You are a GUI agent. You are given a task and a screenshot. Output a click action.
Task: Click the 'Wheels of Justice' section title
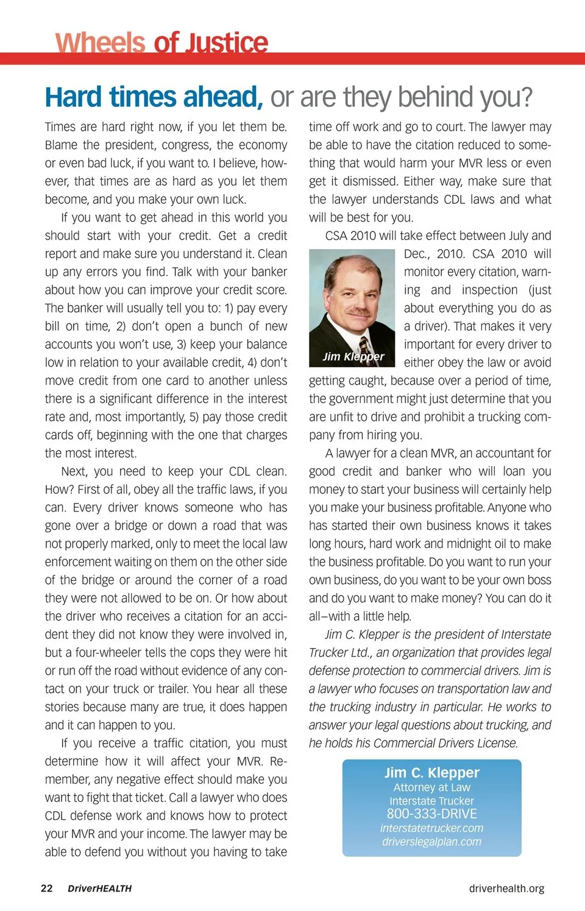(161, 43)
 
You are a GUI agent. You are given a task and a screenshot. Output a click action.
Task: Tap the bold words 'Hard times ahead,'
(154, 97)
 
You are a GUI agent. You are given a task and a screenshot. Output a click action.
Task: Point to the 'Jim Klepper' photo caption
(353, 356)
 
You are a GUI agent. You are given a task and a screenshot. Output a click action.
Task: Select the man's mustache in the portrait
(358, 312)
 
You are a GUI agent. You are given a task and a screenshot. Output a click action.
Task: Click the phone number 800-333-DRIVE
(431, 814)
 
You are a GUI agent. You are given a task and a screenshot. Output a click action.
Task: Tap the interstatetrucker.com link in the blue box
(431, 828)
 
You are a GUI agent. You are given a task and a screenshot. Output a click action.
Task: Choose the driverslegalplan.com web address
(431, 842)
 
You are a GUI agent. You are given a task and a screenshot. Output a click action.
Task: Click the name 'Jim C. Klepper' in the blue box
(431, 773)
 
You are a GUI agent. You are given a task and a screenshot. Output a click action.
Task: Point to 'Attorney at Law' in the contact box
(431, 787)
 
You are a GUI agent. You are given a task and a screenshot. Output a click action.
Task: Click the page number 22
(47, 888)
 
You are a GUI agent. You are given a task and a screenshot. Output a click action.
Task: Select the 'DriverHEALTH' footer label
(99, 888)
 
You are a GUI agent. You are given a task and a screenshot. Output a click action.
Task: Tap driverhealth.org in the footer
(506, 888)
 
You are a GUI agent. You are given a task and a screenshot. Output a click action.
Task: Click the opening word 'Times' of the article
(60, 127)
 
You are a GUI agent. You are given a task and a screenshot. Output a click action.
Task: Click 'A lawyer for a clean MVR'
(390, 453)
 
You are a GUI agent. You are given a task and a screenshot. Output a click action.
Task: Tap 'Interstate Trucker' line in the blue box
(431, 801)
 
